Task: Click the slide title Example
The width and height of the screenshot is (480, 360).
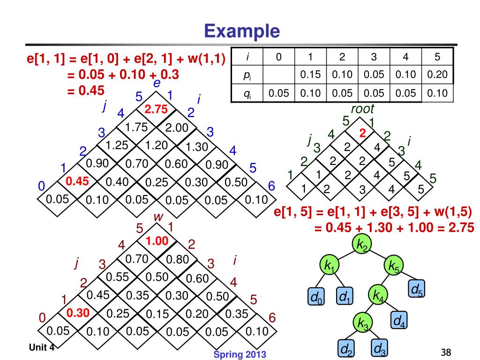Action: (242, 31)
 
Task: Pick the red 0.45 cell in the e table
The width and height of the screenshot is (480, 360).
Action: (77, 181)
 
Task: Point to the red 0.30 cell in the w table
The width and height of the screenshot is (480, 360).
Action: (77, 313)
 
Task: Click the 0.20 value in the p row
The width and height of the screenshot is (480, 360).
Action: (437, 75)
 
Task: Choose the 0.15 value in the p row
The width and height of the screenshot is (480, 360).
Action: (310, 75)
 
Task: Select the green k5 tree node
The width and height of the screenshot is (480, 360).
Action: (392, 266)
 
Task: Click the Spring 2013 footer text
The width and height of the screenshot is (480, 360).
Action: (240, 354)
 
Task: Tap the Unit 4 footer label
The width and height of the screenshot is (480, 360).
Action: (41, 347)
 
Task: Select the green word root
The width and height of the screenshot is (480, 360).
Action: (362, 109)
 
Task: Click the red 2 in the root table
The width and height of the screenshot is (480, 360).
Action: (362, 133)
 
